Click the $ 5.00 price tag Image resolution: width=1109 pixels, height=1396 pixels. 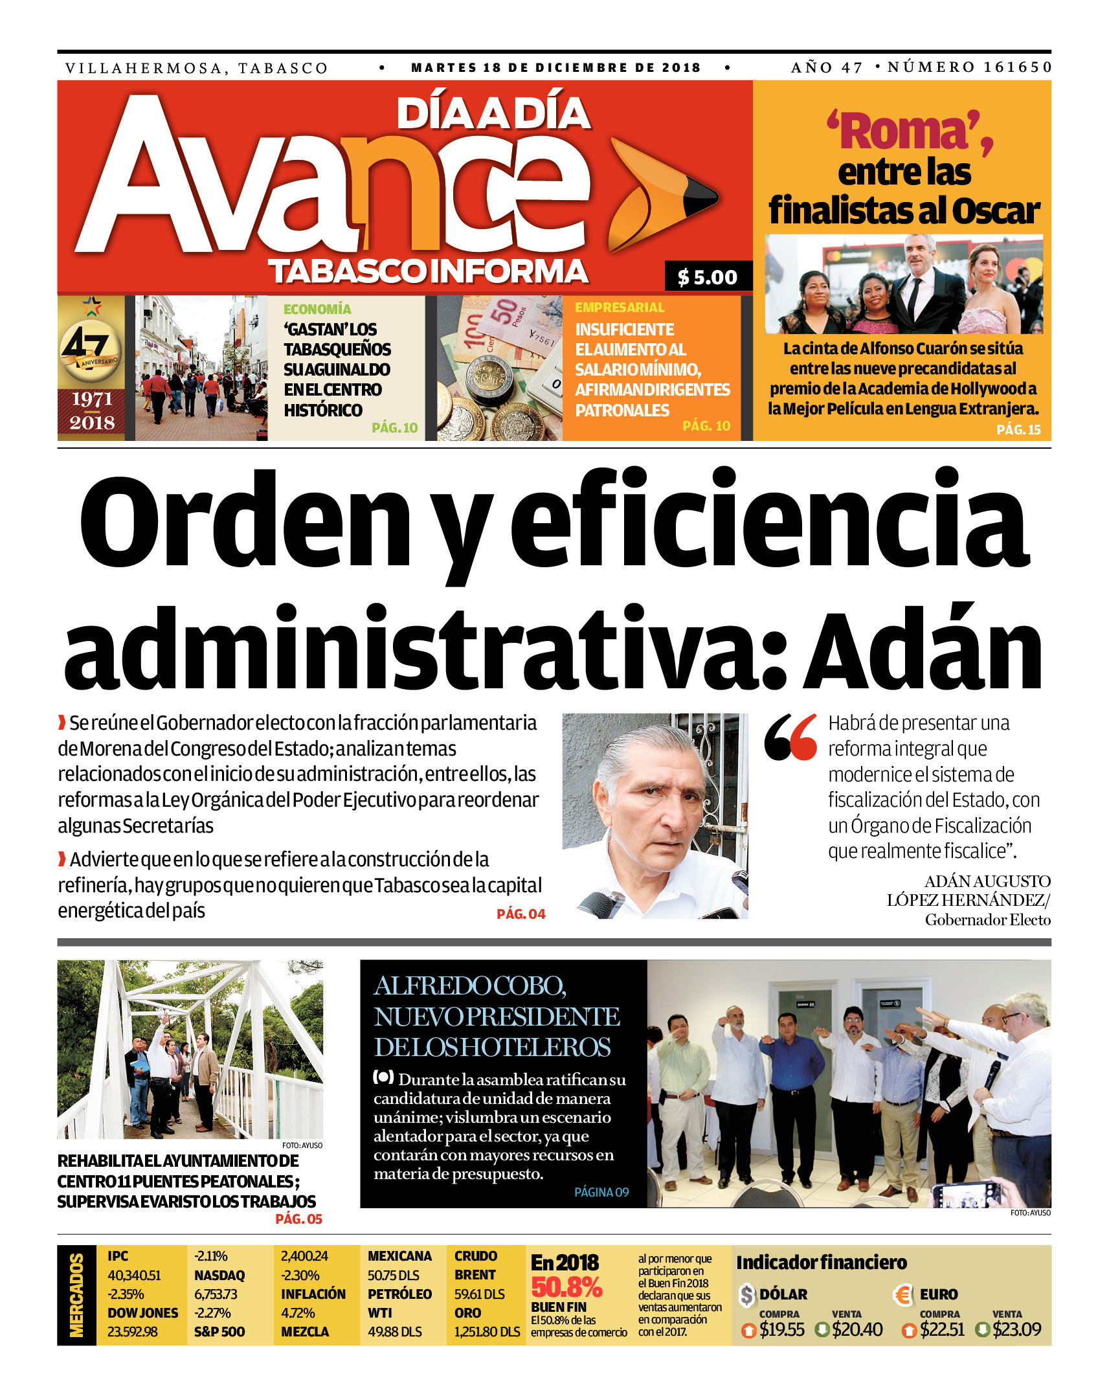tap(708, 277)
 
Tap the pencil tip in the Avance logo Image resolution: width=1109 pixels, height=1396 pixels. tap(700, 198)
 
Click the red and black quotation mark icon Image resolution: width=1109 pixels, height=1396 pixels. tap(790, 737)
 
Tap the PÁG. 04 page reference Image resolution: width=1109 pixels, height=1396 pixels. tap(521, 914)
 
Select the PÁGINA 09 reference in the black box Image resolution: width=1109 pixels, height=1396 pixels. tap(601, 1192)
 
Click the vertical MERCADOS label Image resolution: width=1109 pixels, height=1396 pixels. tap(76, 1294)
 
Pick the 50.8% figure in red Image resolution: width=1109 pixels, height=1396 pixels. tap(566, 1287)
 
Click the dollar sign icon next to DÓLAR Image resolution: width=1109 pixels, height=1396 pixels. tap(747, 1295)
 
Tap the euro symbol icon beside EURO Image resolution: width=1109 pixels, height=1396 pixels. tap(902, 1295)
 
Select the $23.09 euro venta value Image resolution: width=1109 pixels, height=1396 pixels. tap(1016, 1329)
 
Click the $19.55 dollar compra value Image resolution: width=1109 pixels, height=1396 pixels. tap(781, 1329)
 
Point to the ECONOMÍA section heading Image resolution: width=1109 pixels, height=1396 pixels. tap(317, 310)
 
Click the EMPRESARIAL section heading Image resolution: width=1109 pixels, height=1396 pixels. tap(620, 308)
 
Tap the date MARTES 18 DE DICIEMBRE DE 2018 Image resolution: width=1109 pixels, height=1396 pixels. tap(555, 67)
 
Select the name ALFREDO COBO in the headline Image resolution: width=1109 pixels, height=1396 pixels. tap(470, 986)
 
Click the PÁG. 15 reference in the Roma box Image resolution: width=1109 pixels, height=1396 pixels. tap(1018, 429)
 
